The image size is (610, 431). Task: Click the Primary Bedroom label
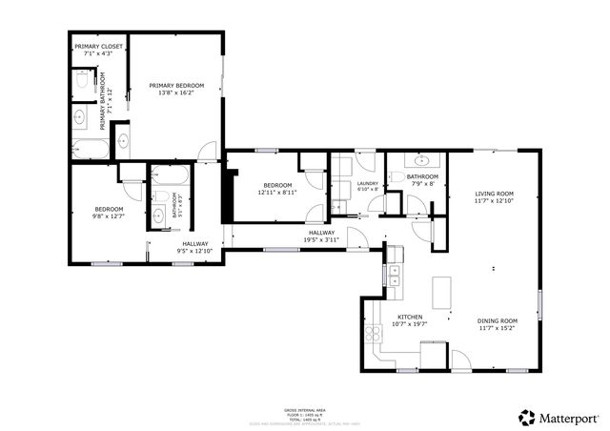pyautogui.click(x=176, y=85)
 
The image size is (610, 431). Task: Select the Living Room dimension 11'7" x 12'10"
pyautogui.click(x=495, y=201)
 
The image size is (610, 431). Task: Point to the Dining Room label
pyautogui.click(x=497, y=320)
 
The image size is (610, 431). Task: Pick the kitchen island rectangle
pyautogui.click(x=441, y=292)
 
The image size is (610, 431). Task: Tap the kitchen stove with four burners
pyautogui.click(x=372, y=333)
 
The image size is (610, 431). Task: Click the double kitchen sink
pyautogui.click(x=394, y=276)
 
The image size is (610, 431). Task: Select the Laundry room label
pyautogui.click(x=368, y=183)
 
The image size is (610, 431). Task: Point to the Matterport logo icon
pyautogui.click(x=526, y=417)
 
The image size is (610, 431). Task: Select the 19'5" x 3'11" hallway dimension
pyautogui.click(x=320, y=239)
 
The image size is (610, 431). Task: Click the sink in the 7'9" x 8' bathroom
pyautogui.click(x=422, y=159)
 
